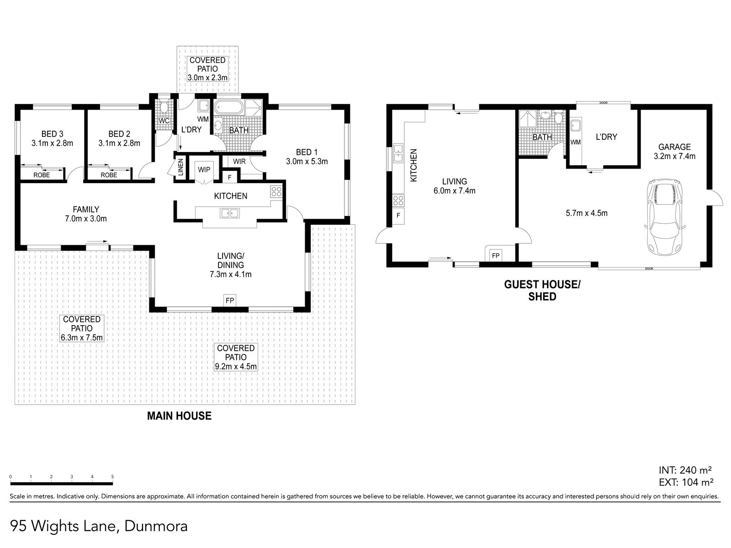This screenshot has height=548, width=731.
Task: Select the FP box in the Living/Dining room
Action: tap(230, 300)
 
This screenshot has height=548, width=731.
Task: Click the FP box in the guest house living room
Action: tap(496, 255)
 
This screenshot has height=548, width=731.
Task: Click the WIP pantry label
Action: tap(204, 170)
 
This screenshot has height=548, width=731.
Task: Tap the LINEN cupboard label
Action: tap(180, 167)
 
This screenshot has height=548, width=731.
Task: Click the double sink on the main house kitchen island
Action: tap(229, 213)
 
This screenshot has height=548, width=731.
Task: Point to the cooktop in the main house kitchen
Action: tap(276, 191)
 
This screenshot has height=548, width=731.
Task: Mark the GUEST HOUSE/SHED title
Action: tap(542, 290)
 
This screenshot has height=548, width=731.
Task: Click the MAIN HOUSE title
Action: tap(179, 416)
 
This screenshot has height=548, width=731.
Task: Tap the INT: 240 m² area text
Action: tap(686, 470)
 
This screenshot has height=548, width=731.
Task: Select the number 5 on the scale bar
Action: tap(112, 477)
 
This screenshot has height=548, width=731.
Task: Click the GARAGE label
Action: tap(674, 147)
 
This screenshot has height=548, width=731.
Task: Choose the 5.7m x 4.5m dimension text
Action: tap(587, 213)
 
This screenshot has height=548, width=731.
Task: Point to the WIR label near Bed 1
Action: tap(239, 162)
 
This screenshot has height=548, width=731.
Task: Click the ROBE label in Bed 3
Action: tap(42, 175)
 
